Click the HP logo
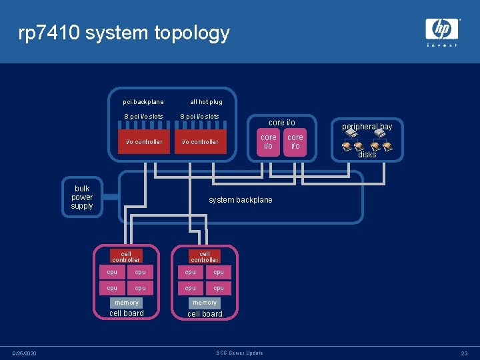442,29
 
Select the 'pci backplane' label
143,102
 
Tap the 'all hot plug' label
206,102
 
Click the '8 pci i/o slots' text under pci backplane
143,117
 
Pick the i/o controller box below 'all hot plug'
200,141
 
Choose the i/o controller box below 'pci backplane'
144,141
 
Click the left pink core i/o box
269,142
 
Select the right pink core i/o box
295,142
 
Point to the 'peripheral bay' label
367,127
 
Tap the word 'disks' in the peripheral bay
367,155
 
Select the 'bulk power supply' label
82,197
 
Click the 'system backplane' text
241,200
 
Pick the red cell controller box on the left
126,257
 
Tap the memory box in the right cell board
205,303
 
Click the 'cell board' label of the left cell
126,313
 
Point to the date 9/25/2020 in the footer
24,353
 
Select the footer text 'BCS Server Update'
240,353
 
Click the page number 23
464,353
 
